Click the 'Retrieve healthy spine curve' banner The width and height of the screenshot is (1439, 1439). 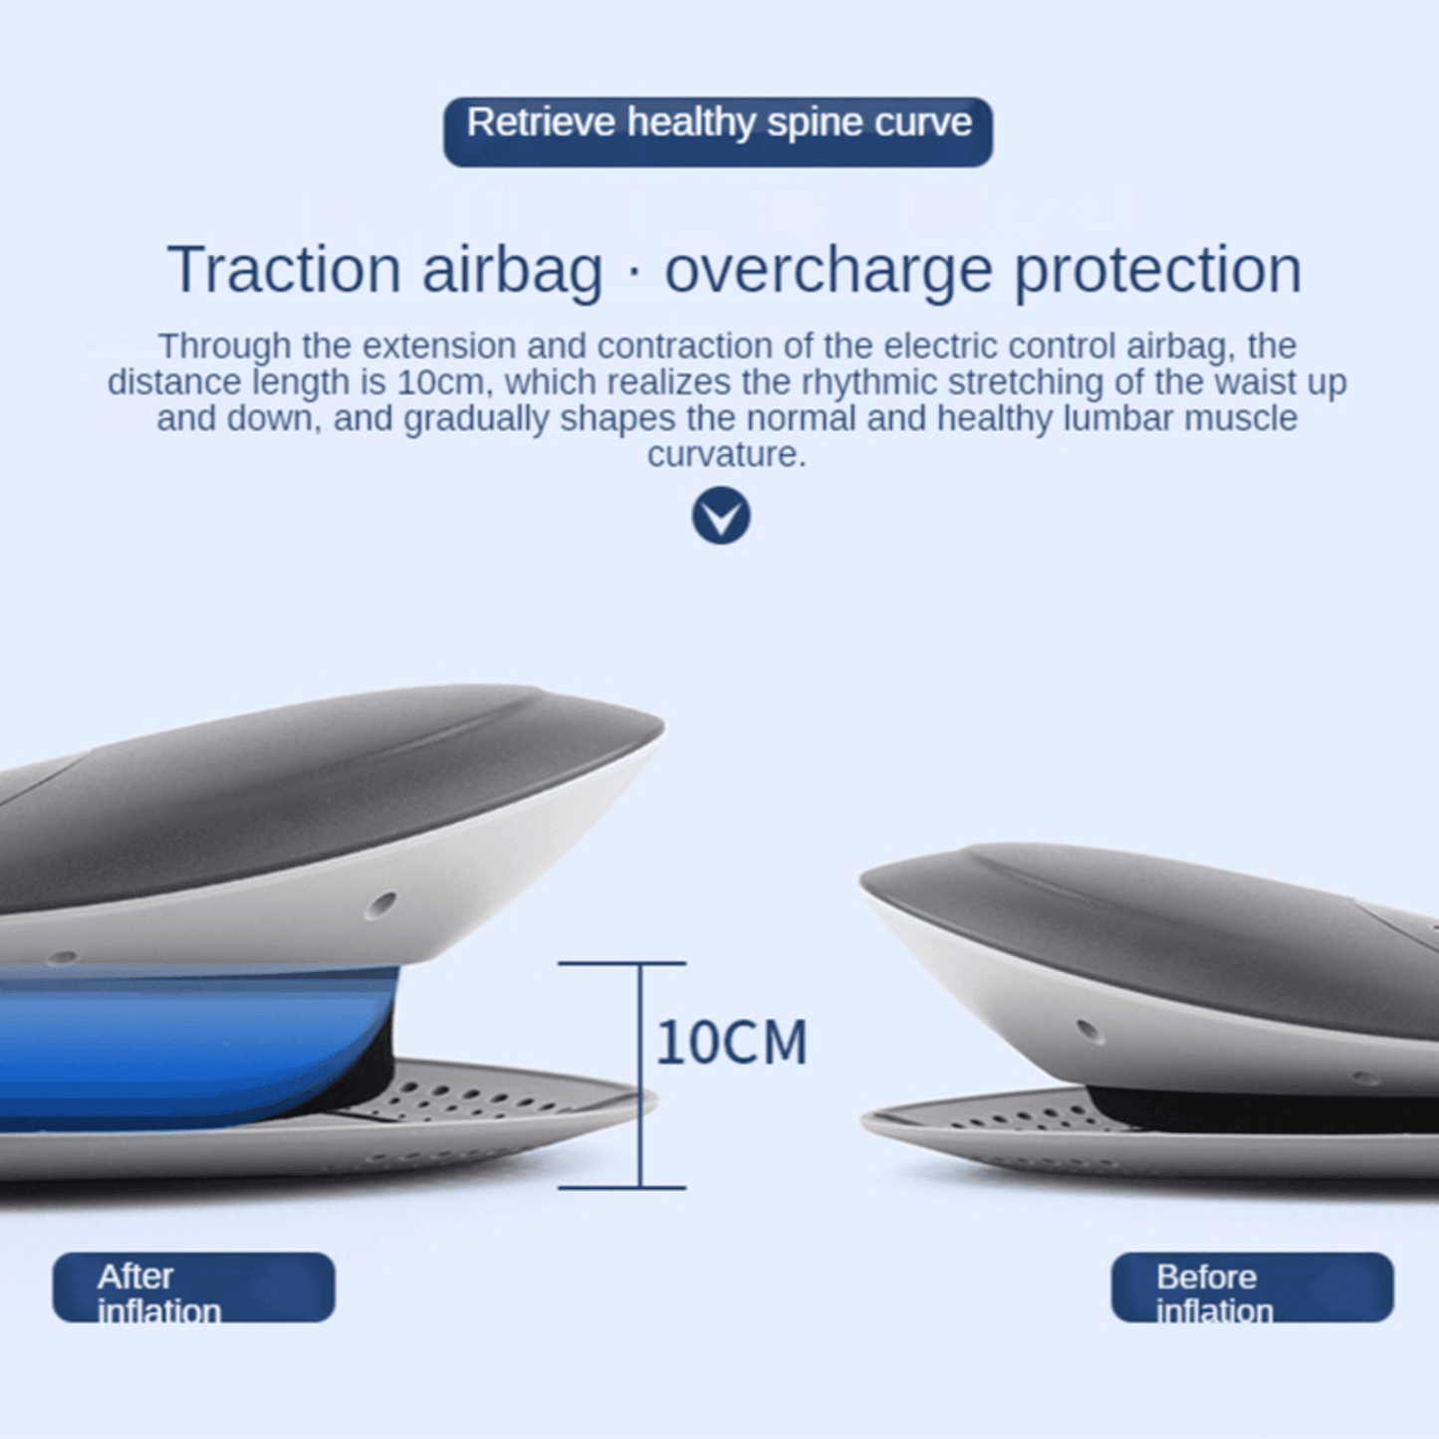[x=718, y=130]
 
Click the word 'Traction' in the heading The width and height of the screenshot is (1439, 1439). [x=284, y=270]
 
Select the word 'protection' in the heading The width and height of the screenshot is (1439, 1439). [x=1157, y=270]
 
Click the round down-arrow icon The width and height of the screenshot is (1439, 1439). [x=721, y=516]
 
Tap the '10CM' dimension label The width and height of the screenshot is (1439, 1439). [x=732, y=1043]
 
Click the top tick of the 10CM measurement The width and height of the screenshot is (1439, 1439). [x=621, y=964]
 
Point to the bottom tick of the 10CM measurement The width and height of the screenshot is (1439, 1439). [x=621, y=1187]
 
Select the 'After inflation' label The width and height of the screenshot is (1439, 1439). [x=193, y=1288]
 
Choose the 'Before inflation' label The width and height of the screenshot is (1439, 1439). [x=1252, y=1288]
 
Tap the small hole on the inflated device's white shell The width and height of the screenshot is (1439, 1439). [x=380, y=905]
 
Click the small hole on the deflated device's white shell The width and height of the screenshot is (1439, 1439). [x=1089, y=1031]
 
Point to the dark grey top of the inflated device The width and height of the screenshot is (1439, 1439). [x=299, y=787]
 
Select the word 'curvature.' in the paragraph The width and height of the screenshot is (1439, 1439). [x=726, y=455]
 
